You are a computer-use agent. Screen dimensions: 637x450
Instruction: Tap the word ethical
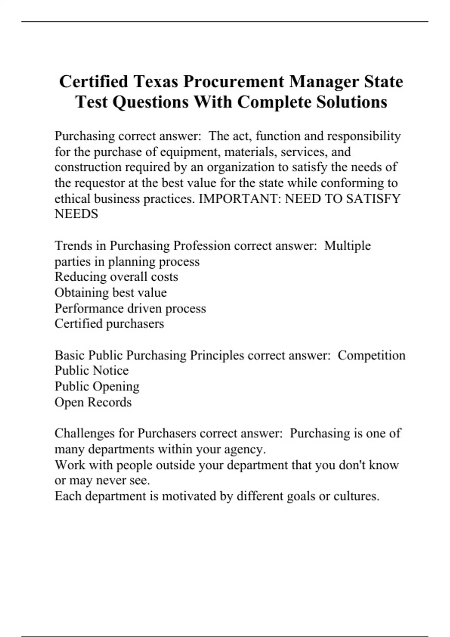click(x=72, y=198)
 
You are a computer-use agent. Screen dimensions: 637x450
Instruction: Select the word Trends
click(x=73, y=245)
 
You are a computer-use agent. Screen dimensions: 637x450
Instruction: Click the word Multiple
click(x=347, y=245)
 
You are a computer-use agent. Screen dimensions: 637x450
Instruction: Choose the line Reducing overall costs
click(x=116, y=277)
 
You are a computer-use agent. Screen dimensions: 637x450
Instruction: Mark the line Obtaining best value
click(x=111, y=292)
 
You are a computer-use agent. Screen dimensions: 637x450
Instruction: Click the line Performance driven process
click(x=130, y=308)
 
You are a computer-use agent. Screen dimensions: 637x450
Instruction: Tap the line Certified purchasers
click(x=109, y=323)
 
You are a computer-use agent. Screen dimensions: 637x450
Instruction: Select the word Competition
click(x=371, y=355)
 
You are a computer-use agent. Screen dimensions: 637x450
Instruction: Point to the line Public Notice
click(x=91, y=370)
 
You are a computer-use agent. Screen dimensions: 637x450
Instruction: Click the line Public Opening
click(x=97, y=386)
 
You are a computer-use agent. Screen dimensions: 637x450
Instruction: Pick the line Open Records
click(x=93, y=402)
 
